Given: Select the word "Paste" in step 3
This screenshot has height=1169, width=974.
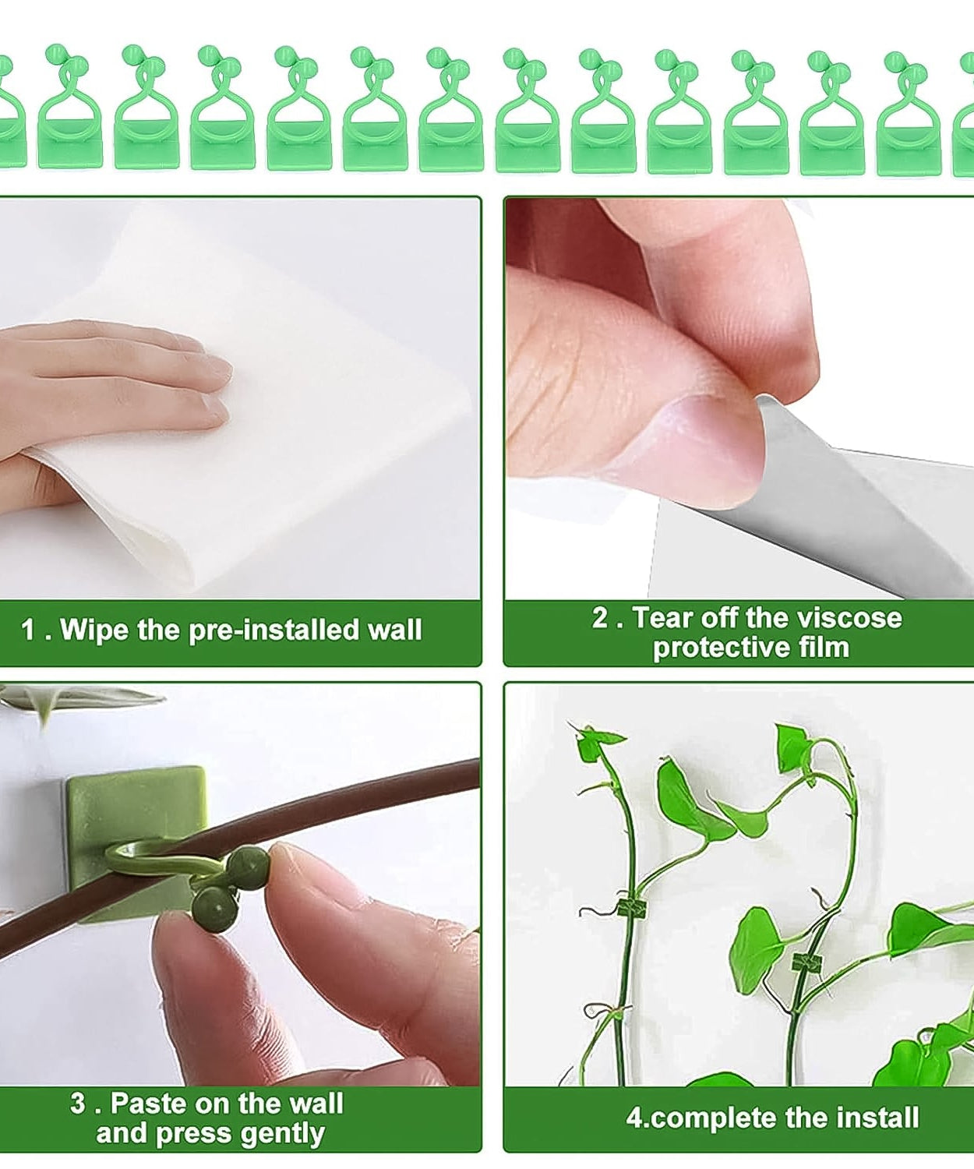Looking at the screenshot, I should pos(147,1104).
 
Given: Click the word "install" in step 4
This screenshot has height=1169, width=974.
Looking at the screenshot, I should pos(875,1118).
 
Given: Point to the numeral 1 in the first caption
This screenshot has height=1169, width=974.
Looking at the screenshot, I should pos(28,630).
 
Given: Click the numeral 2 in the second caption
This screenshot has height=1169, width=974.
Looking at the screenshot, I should pos(600,618).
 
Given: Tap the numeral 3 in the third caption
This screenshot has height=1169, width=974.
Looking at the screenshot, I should pos(78,1104).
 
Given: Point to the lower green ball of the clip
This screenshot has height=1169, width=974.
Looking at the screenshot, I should pos(213,909).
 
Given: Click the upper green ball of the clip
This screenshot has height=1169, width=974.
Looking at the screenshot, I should pos(249,865).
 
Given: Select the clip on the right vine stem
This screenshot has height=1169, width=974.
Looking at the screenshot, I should pos(806,964).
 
